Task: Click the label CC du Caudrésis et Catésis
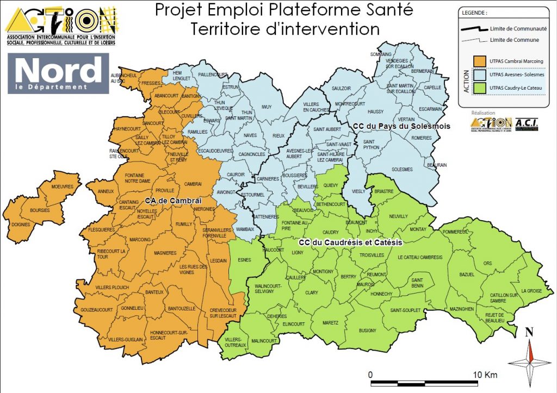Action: (x=351, y=242)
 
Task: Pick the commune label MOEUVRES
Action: (x=62, y=186)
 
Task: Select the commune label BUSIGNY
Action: (x=368, y=330)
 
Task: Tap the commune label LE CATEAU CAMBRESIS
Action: (x=420, y=257)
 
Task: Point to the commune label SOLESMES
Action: (x=402, y=169)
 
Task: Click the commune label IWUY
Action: (x=266, y=107)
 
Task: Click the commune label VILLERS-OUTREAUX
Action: (x=236, y=342)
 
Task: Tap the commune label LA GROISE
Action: (x=531, y=291)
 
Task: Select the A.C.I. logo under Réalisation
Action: (x=526, y=124)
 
